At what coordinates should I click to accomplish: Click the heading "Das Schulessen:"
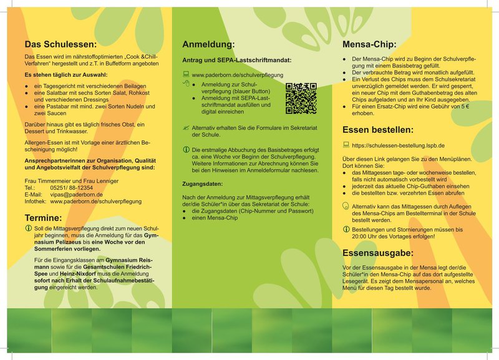pos(61,44)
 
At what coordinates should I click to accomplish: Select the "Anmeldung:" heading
pos(208,44)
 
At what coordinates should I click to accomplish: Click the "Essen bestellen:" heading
pos(378,130)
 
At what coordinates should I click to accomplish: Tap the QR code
pos(301,98)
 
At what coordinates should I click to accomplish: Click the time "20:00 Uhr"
pos(364,236)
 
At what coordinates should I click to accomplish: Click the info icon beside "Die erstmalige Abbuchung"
pos(185,150)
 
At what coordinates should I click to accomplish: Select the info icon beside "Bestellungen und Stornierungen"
pos(346,229)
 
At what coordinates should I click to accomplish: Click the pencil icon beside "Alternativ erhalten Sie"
pos(185,127)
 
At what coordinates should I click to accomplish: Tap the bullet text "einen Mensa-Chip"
pos(215,218)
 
